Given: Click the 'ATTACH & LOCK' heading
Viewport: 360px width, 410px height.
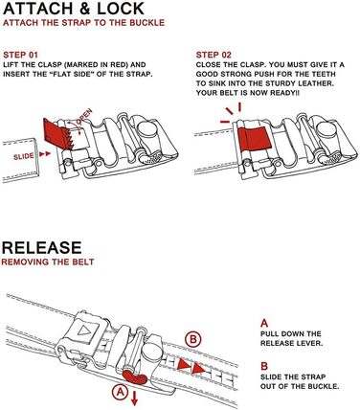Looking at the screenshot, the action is click(x=74, y=9).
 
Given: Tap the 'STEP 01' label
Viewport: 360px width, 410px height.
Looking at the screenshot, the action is click(x=20, y=55).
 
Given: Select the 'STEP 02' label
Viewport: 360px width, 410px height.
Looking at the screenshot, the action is click(x=214, y=55).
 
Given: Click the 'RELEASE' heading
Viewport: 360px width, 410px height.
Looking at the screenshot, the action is click(x=42, y=247).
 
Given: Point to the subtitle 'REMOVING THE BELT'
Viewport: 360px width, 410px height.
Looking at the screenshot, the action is click(x=48, y=262).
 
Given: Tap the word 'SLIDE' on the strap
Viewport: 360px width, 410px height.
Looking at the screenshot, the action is click(x=24, y=156).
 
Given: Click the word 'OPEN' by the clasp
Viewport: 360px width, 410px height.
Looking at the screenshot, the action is click(x=84, y=117).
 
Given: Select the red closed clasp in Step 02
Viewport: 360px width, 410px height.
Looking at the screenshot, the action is click(x=255, y=138).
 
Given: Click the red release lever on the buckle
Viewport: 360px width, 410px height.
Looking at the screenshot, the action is click(x=135, y=376).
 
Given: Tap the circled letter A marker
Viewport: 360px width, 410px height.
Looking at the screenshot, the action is click(x=120, y=392).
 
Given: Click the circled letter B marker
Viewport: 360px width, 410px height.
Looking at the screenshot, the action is click(x=192, y=339).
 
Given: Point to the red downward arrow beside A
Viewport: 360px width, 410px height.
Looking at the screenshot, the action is click(x=134, y=399).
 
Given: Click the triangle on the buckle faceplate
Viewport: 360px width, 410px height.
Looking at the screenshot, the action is click(x=84, y=330).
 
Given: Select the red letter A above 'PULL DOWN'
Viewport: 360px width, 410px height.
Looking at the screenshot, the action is click(x=264, y=324).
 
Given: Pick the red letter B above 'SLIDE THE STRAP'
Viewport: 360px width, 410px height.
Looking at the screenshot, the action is click(x=264, y=366).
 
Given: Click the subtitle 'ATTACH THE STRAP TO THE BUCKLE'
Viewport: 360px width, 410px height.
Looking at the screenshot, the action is click(x=83, y=23).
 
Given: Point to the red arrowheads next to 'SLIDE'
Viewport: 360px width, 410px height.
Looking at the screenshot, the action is click(x=45, y=154).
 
